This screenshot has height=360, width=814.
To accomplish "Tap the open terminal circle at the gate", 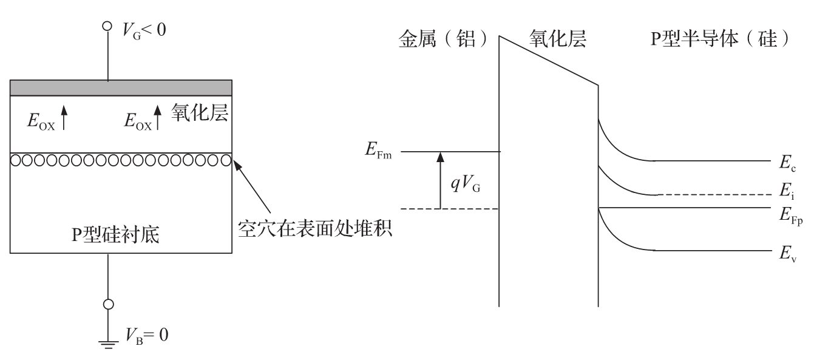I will [x=108, y=26].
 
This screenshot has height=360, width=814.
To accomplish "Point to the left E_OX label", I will [x=39, y=120].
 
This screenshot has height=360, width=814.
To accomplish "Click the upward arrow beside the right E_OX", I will [x=158, y=117].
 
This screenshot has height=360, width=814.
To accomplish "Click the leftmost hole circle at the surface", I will [x=16, y=161].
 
